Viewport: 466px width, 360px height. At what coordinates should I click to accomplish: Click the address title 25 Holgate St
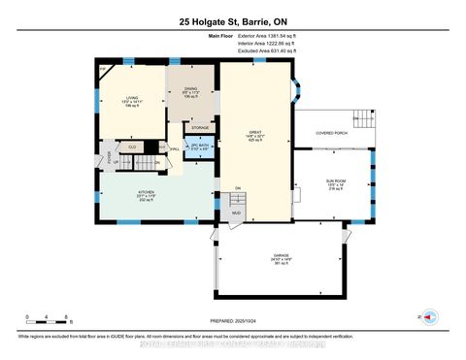[x=232, y=21]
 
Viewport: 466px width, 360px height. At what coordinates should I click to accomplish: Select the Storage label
[x=200, y=127]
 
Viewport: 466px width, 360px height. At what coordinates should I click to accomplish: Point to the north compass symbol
[x=433, y=316]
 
